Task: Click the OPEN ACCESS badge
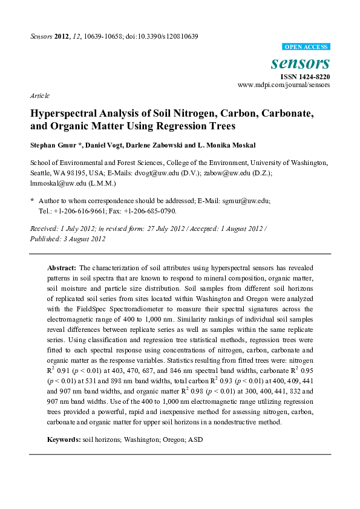tap(306, 47)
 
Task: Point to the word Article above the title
tap(39, 96)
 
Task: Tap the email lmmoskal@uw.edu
tap(56, 182)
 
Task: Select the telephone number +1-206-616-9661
tap(79, 211)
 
